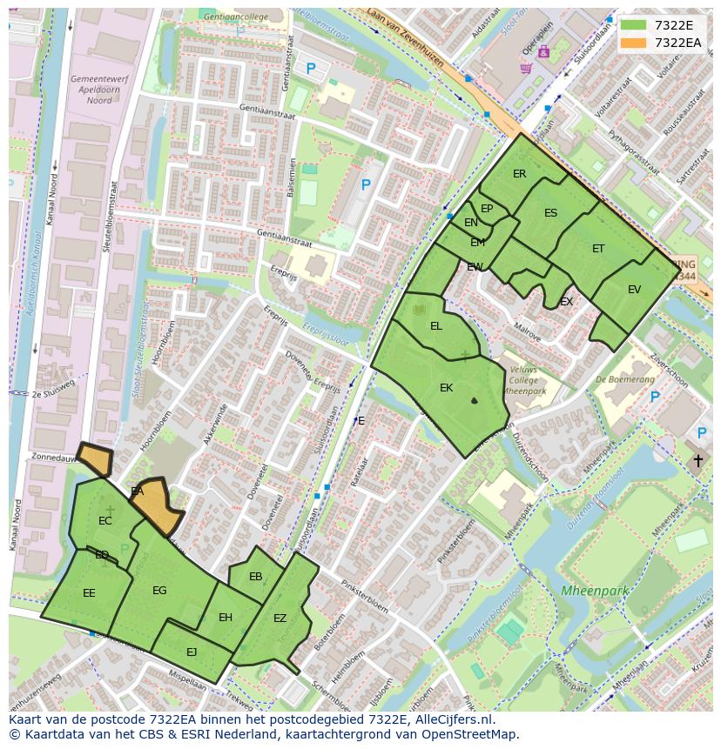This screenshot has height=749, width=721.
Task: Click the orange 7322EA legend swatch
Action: [x=634, y=43]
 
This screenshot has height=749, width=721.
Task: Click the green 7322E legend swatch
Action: [x=634, y=25]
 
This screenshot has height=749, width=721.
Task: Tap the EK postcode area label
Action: [x=446, y=388]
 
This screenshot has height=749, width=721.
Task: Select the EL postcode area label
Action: [x=436, y=326]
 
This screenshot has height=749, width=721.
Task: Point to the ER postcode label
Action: [x=520, y=174]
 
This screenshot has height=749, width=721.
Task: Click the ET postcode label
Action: [x=598, y=249]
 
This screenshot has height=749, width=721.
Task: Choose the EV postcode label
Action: [x=634, y=290]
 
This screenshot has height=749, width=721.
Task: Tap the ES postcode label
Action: [x=550, y=213]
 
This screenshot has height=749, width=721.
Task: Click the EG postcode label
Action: [x=159, y=591]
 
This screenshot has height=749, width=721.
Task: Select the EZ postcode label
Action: [x=280, y=619]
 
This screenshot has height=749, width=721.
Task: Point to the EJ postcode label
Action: [x=192, y=652]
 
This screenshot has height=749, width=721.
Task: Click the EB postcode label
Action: [x=255, y=577]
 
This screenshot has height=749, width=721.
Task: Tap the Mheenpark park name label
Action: [x=595, y=591]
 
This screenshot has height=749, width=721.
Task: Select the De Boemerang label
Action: [x=625, y=379]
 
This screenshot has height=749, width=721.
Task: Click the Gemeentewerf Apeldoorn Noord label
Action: [x=91, y=90]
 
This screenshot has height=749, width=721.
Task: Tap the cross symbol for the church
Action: [x=697, y=460]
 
